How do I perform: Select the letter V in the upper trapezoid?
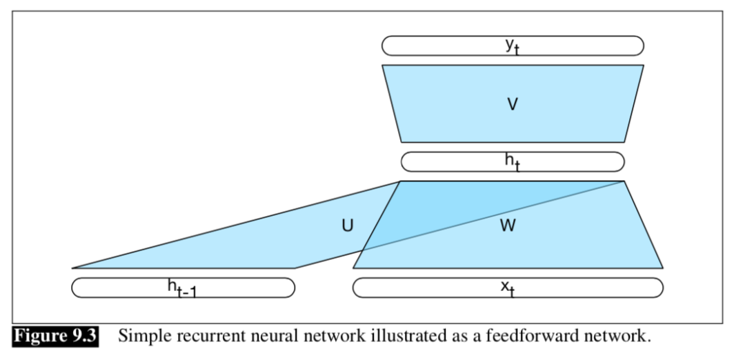pos(512,104)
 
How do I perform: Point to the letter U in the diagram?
pos(348,226)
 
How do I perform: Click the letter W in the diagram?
pos(508,226)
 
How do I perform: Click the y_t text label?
pos(512,46)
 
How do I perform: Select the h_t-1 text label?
pos(182,288)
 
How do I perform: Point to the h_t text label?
pos(512,161)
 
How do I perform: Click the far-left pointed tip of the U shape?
pos(73,268)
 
